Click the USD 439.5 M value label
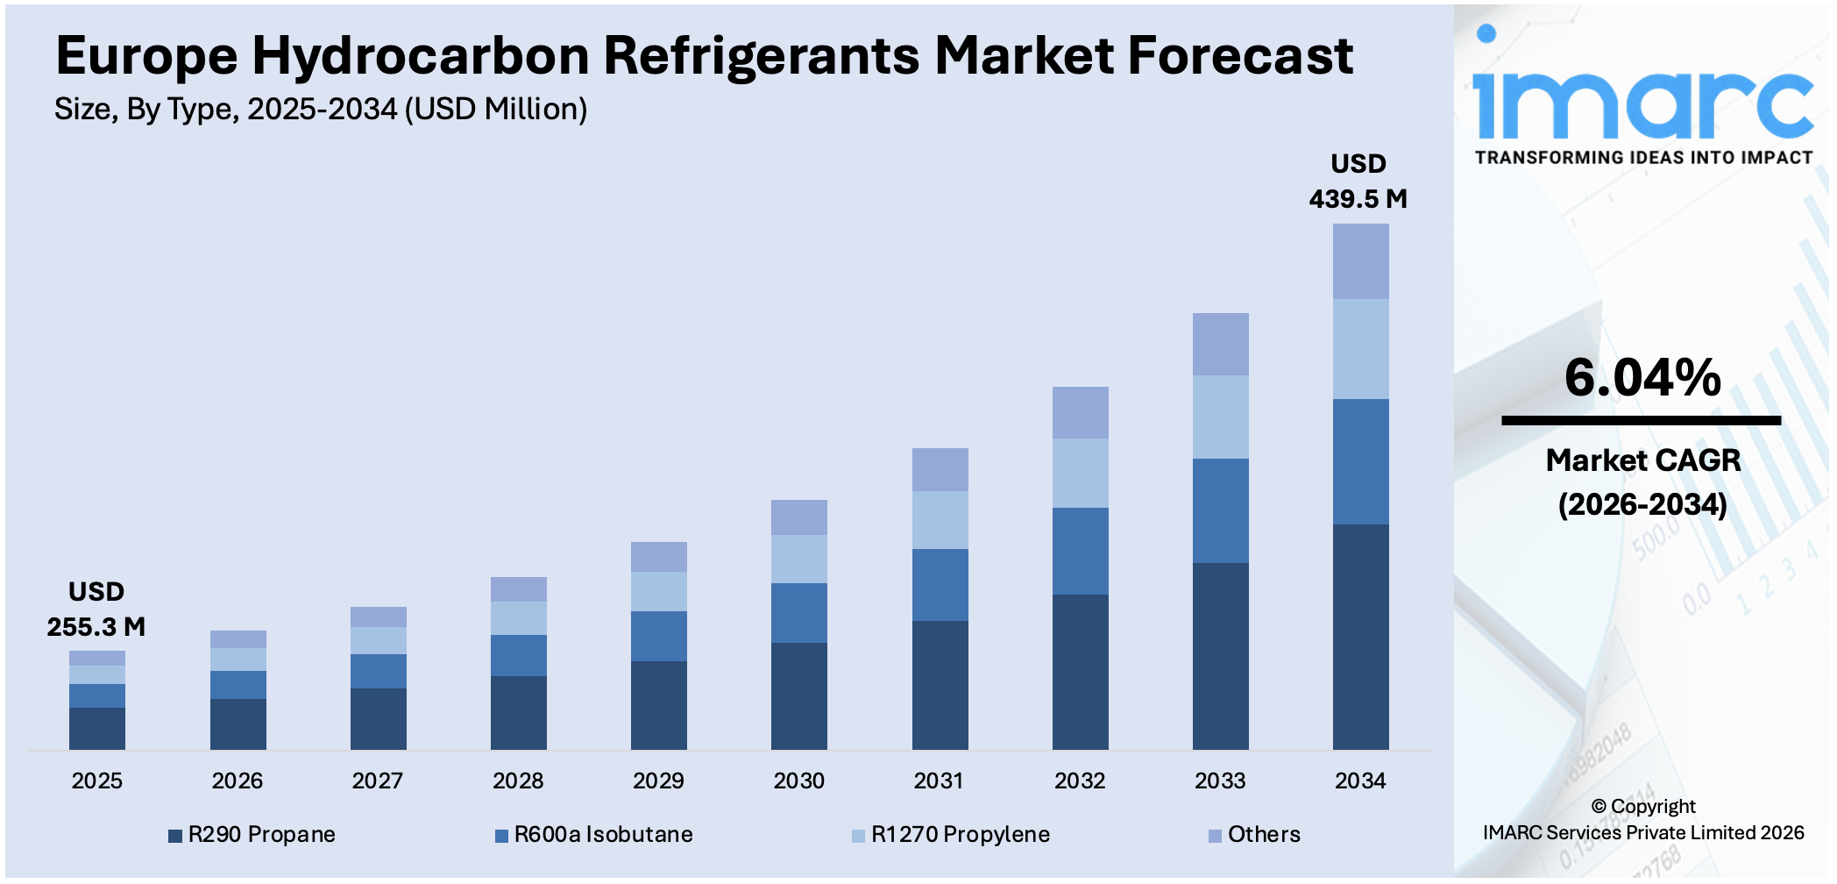[x=1358, y=182]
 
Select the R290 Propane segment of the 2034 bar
[x=1360, y=637]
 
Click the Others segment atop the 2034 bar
[x=1360, y=261]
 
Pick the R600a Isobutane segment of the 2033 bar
[x=1220, y=510]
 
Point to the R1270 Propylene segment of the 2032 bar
[x=1080, y=473]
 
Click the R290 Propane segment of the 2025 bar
[x=97, y=728]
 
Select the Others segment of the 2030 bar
[x=799, y=517]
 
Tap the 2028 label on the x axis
[x=518, y=781]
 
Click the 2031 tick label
[x=939, y=781]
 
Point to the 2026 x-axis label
[x=237, y=781]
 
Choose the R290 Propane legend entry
[x=252, y=834]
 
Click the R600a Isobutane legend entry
[x=594, y=834]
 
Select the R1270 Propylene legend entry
[x=951, y=834]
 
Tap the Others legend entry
[x=1254, y=834]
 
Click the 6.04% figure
[x=1642, y=378]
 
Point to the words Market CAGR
[x=1642, y=460]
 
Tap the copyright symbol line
[x=1642, y=806]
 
